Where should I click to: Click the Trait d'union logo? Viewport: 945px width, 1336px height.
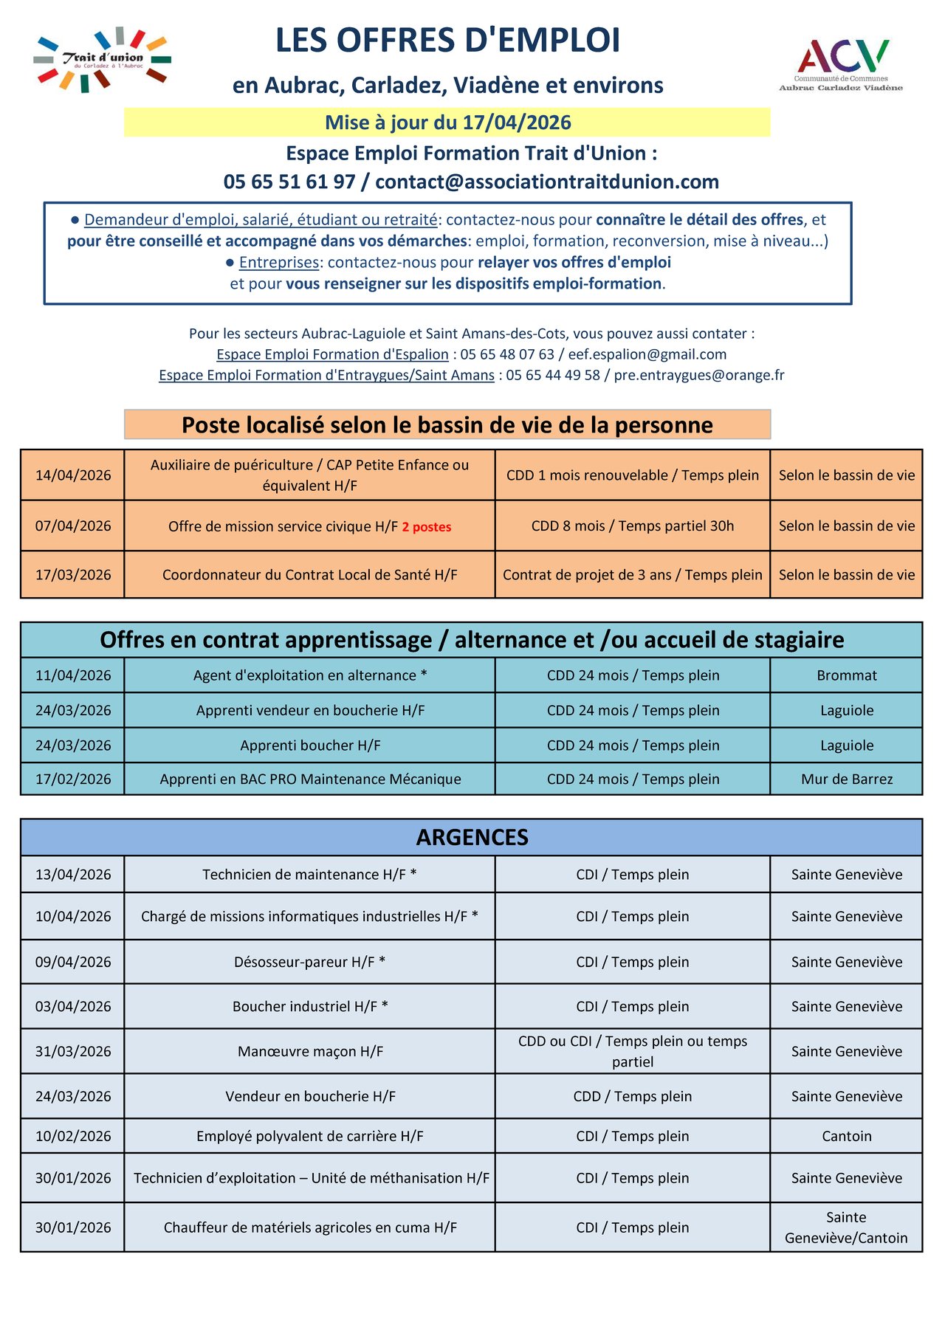(x=102, y=60)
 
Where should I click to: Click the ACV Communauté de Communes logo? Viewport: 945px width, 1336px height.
(x=841, y=65)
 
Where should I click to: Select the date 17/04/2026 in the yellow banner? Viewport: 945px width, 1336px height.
(x=517, y=123)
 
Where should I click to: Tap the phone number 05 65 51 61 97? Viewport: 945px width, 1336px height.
(x=289, y=182)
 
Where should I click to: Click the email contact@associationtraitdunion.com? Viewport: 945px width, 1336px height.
(x=547, y=182)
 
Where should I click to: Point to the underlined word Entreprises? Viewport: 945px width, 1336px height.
(x=279, y=262)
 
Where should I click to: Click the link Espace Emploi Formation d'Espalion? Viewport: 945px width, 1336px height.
(x=332, y=354)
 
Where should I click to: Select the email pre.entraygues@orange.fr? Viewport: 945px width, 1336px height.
(x=698, y=375)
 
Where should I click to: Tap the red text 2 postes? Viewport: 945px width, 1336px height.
(x=427, y=527)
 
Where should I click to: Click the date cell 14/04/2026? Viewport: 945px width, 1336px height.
(x=73, y=475)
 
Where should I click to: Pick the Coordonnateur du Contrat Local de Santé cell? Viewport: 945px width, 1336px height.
(x=309, y=575)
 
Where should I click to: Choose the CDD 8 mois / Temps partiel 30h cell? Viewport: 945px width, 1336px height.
(x=633, y=526)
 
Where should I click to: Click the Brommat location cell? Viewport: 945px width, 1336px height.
(x=847, y=675)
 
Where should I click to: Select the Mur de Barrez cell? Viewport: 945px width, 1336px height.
(x=847, y=779)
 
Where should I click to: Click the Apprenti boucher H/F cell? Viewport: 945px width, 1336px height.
(x=310, y=746)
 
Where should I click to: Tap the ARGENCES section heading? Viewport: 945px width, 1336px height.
(x=472, y=838)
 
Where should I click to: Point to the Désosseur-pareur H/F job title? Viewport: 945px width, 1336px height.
(x=309, y=963)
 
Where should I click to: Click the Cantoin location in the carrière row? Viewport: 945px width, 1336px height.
(x=847, y=1137)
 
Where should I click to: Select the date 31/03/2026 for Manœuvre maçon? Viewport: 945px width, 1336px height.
(x=73, y=1052)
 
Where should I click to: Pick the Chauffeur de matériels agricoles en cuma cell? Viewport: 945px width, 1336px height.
(x=310, y=1227)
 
